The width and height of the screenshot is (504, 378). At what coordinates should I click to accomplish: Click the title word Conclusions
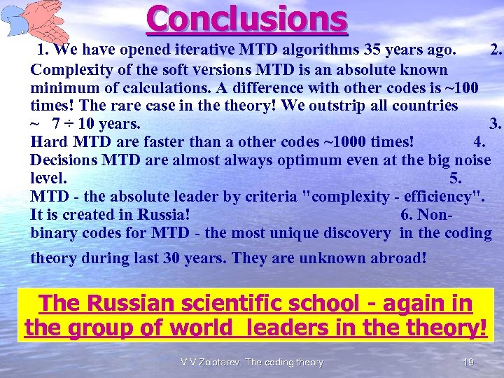point(247,20)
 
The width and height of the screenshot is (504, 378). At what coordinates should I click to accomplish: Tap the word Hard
point(49,143)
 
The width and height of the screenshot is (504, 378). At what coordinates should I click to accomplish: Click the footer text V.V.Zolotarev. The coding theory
point(251,363)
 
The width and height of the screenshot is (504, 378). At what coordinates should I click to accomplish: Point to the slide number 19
point(468,363)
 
